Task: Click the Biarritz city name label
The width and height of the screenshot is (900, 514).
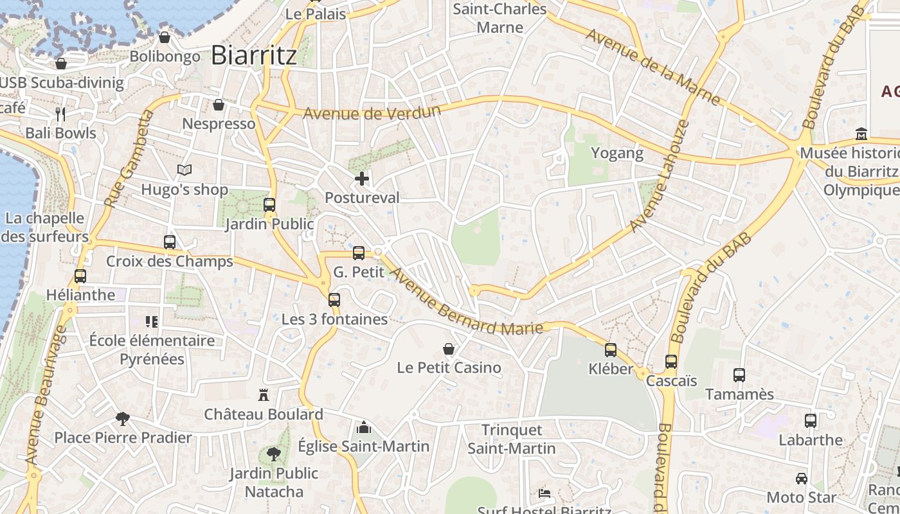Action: click(254, 55)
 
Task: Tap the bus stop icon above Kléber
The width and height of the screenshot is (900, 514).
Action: click(611, 350)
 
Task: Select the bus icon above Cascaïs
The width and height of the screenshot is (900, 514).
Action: click(671, 362)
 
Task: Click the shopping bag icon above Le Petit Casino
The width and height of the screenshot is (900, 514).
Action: click(449, 349)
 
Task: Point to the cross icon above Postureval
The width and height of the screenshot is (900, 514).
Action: click(362, 179)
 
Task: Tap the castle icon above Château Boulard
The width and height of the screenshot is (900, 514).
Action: click(263, 394)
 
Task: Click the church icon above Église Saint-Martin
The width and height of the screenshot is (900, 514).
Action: click(363, 427)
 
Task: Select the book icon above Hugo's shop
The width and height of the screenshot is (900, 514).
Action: click(184, 170)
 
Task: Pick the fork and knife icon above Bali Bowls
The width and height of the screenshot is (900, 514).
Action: click(60, 114)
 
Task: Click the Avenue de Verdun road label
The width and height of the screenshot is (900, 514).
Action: click(372, 112)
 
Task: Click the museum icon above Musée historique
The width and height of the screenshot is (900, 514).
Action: click(861, 134)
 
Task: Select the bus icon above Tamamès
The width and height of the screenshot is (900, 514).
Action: click(739, 375)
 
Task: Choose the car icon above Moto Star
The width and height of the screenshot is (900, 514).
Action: click(802, 478)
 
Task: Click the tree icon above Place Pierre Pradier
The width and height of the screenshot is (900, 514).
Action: click(122, 419)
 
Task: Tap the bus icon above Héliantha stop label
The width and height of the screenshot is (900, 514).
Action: click(80, 276)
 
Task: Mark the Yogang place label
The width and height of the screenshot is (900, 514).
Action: click(617, 152)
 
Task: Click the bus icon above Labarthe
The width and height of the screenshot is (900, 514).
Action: click(811, 421)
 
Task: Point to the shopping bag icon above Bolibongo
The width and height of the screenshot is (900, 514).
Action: click(165, 37)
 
